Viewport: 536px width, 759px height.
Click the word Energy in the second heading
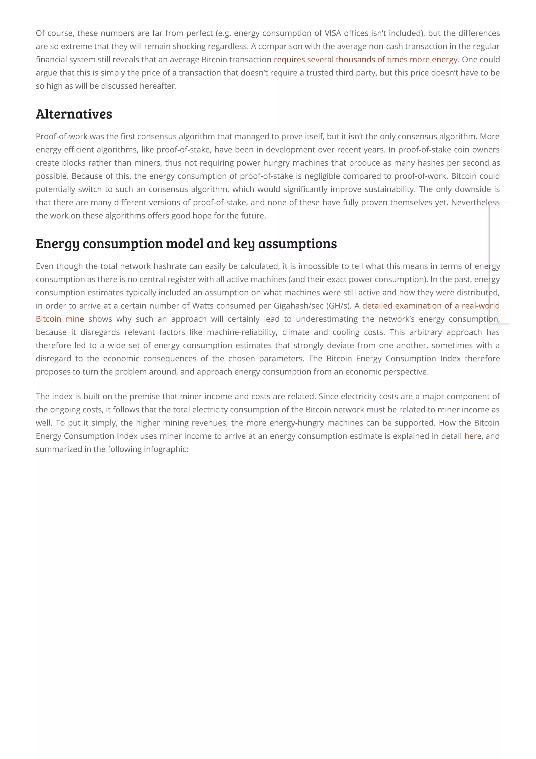coord(58,244)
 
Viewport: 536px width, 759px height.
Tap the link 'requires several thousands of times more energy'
coord(365,59)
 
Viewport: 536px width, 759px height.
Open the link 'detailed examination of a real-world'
coord(430,306)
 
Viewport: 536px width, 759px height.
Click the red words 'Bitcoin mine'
coord(60,319)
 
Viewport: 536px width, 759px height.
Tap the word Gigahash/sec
coord(298,306)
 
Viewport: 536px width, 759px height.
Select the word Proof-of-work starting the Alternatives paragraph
coord(62,136)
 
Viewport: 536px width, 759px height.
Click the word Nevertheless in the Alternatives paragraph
coord(475,202)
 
